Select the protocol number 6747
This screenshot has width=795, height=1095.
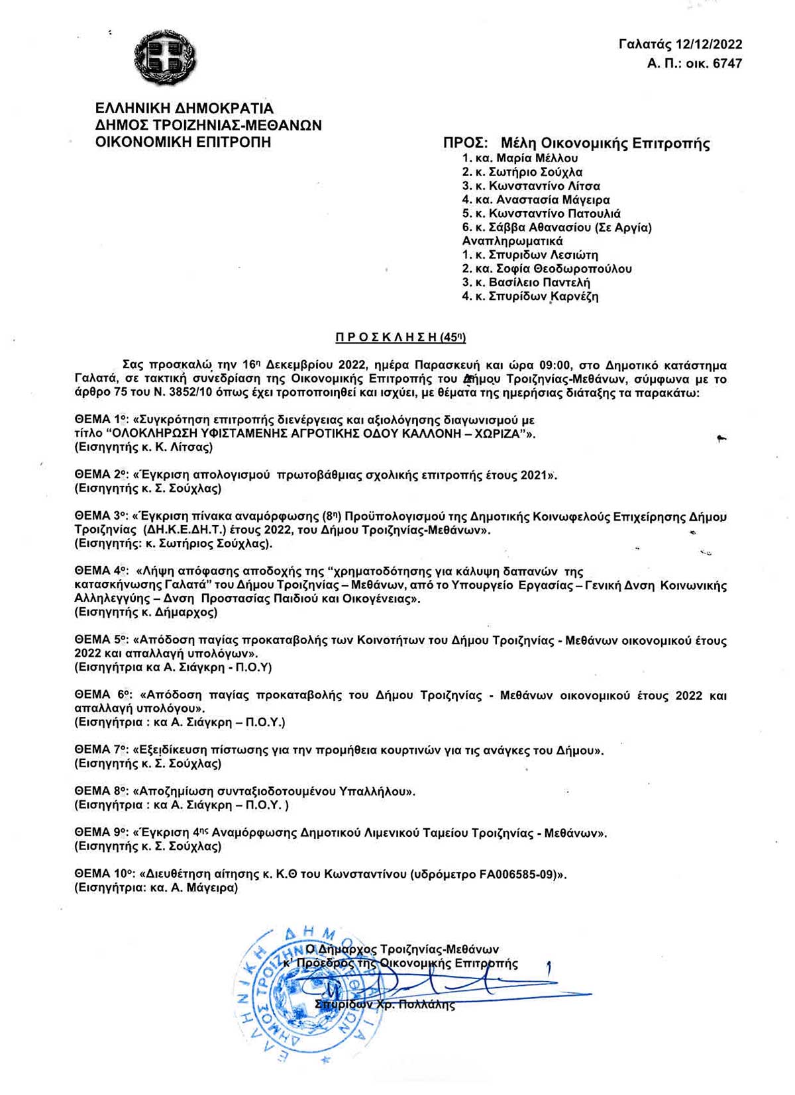click(x=726, y=64)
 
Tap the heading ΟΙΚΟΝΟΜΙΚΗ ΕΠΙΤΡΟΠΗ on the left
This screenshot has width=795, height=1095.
click(x=184, y=142)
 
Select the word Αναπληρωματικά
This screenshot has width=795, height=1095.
click(x=512, y=241)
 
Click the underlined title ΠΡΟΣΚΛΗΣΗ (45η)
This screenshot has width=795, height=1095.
click(x=401, y=338)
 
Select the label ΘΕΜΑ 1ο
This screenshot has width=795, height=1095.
click(x=100, y=420)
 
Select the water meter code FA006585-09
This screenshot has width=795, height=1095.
click(x=517, y=874)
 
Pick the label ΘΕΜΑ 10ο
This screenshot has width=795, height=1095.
click(x=103, y=874)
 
